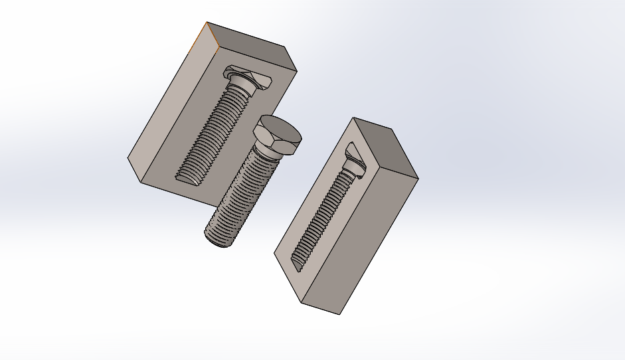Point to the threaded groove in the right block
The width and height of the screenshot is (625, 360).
pyautogui.click(x=325, y=213)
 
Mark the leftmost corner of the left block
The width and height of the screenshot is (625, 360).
pyautogui.click(x=128, y=157)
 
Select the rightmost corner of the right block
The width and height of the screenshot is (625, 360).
pyautogui.click(x=418, y=178)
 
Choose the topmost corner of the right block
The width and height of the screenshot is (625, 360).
pyautogui.click(x=355, y=118)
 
